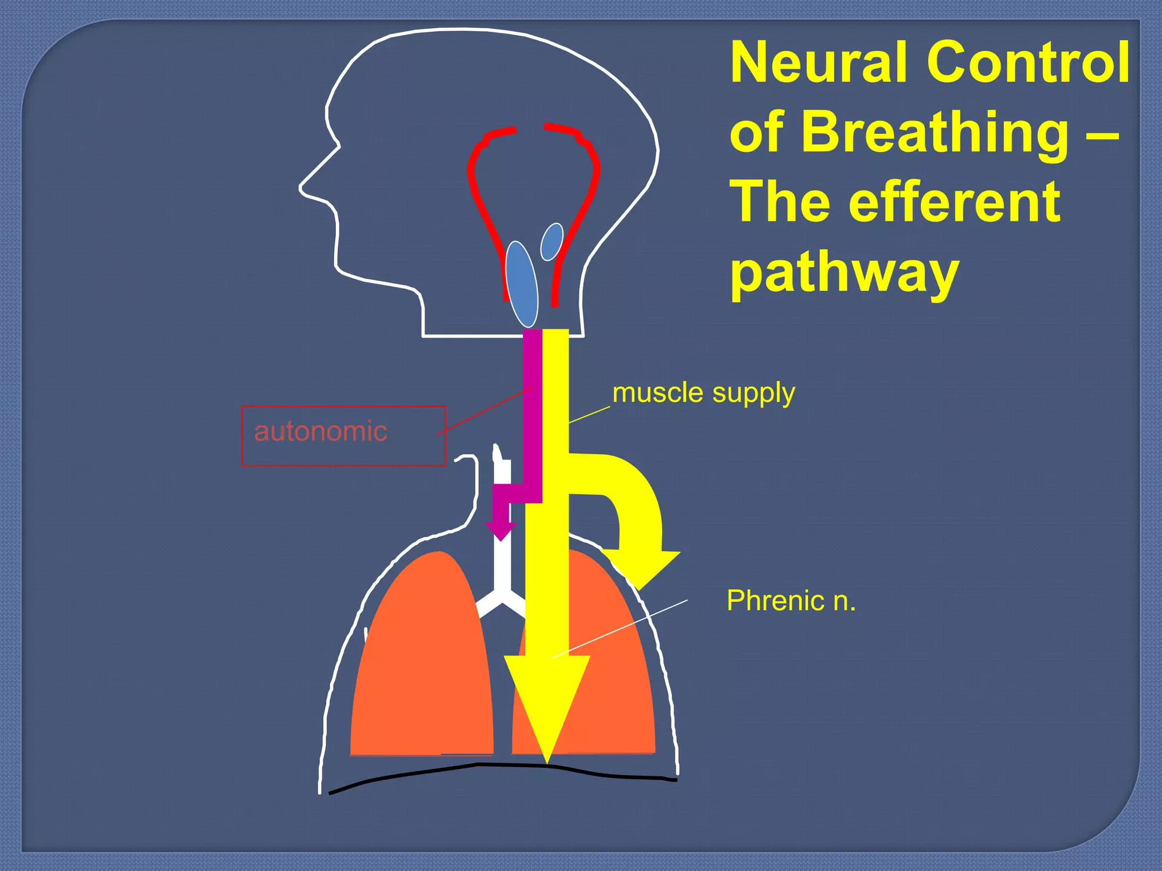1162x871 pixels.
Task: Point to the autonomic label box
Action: (343, 435)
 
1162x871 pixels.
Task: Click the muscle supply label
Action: (704, 392)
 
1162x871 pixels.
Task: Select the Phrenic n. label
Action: (791, 600)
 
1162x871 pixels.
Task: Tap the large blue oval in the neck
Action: (521, 285)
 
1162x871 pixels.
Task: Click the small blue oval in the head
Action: (551, 242)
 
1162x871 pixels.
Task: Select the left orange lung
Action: (423, 663)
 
